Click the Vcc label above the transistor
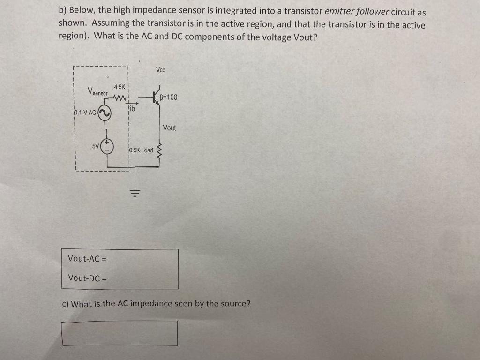coord(161,70)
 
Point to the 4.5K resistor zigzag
coord(120,98)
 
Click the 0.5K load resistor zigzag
coord(159,151)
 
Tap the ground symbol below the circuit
coord(136,192)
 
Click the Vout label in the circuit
coord(170,127)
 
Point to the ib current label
coord(133,109)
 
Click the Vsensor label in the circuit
coord(98,91)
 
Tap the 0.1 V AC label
coord(85,113)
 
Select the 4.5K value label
coord(120,87)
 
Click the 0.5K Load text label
coord(141,150)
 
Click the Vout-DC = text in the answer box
coord(87,278)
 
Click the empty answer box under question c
coord(120,333)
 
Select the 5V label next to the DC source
coord(96,146)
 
